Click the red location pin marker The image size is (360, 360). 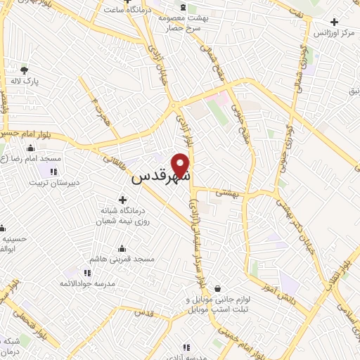[x=182, y=165]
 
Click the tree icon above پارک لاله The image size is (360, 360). [x=25, y=70]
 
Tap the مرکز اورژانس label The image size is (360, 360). [x=335, y=34]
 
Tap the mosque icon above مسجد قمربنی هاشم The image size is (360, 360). [x=123, y=248]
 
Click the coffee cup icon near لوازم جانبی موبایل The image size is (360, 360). [x=217, y=288]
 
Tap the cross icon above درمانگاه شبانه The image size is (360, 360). [x=123, y=200]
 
